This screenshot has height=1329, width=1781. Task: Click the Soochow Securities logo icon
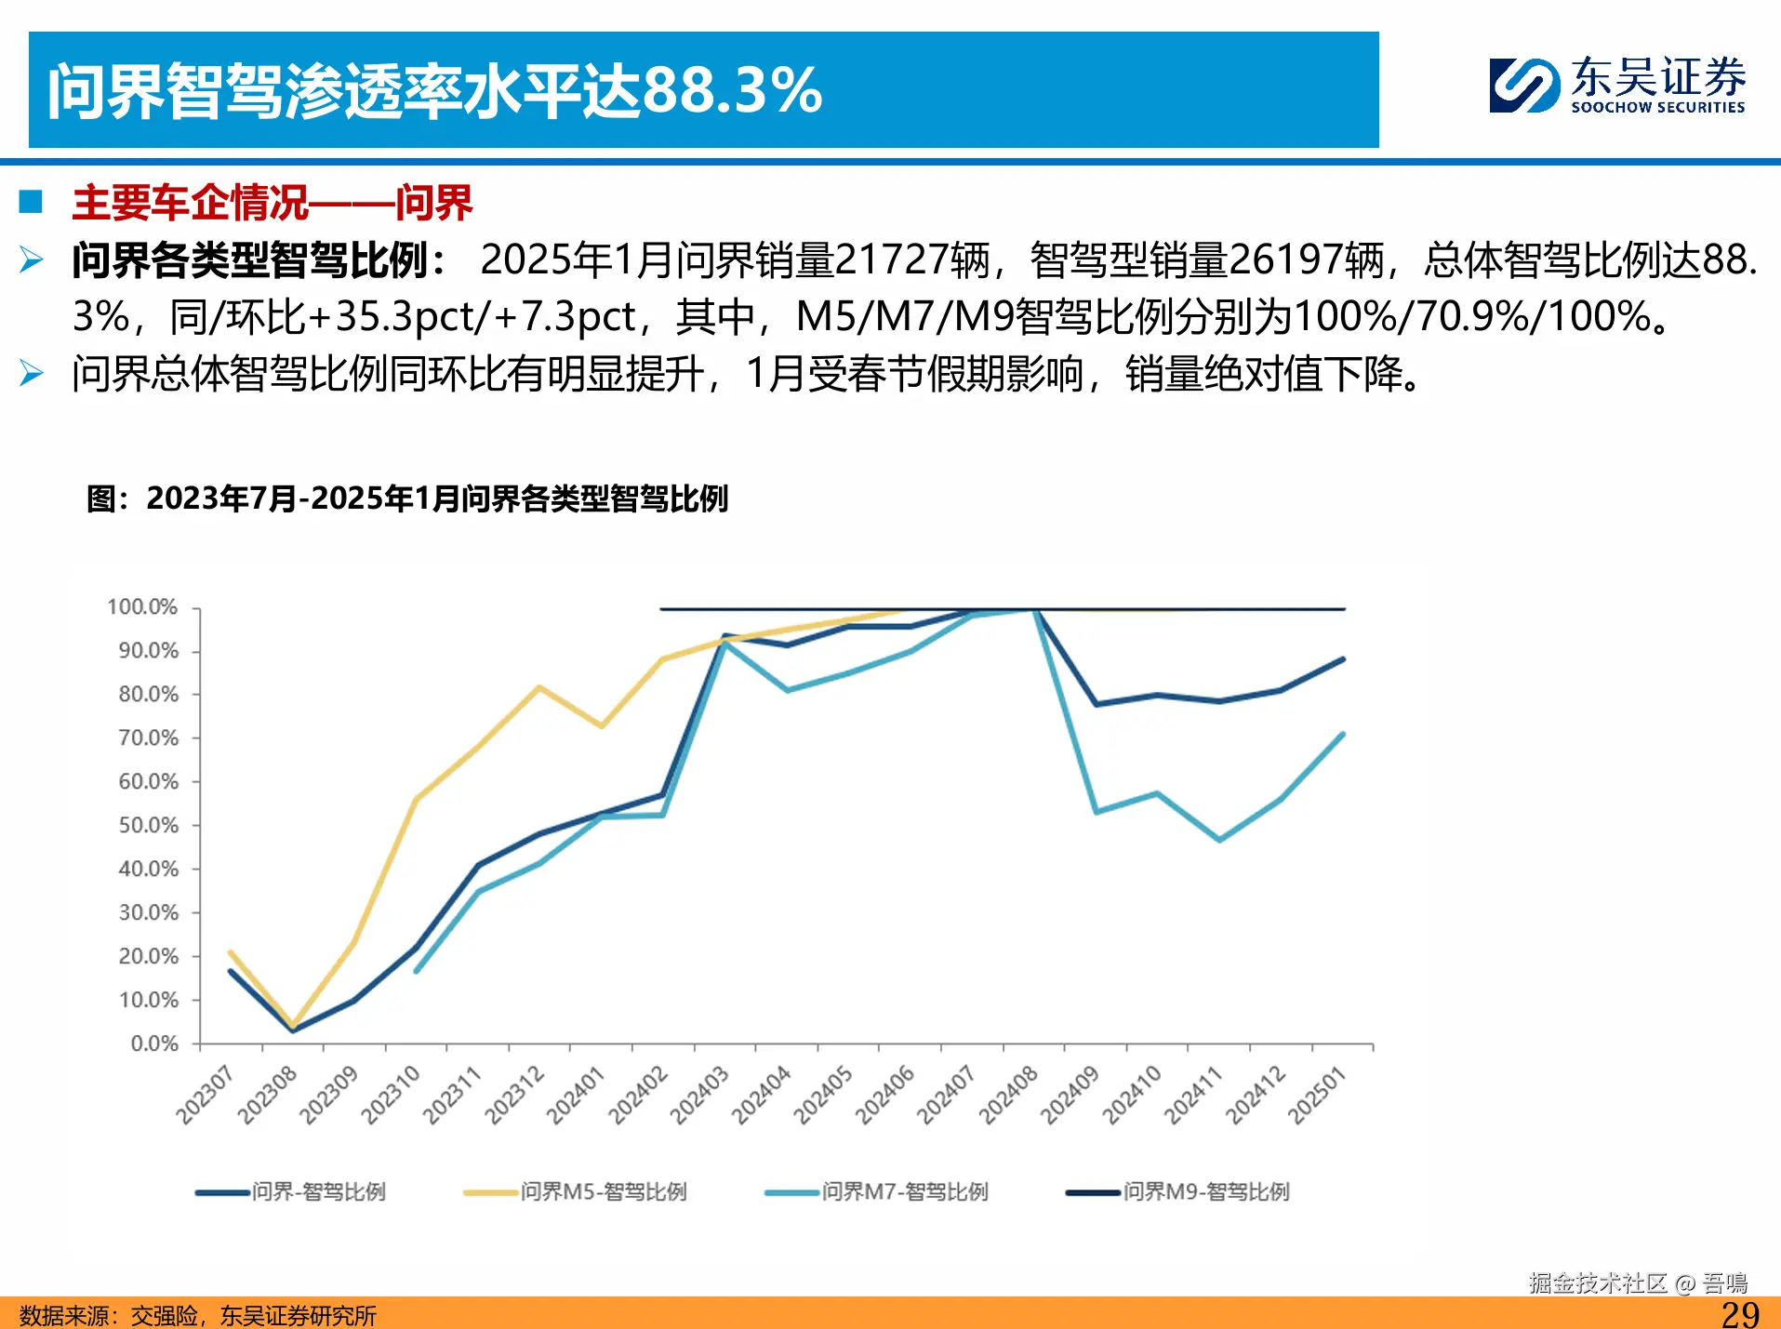(1523, 86)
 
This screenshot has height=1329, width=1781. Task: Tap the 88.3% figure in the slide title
(732, 91)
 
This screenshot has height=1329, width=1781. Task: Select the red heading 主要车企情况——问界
(272, 203)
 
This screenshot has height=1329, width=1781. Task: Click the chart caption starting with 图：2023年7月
(407, 499)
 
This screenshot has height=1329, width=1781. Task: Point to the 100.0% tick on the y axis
(142, 607)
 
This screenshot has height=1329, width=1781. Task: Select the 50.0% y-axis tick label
(148, 826)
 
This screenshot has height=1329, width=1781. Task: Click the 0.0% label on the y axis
(153, 1043)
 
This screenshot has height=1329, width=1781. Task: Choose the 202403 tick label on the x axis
(700, 1095)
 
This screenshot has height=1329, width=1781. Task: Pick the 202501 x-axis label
(1318, 1095)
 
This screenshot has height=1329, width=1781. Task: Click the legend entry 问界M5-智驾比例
(603, 1191)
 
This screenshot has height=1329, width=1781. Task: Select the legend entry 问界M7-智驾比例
(904, 1191)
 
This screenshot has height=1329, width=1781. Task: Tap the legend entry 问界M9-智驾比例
(1205, 1191)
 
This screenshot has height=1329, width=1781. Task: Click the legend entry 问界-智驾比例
(318, 1191)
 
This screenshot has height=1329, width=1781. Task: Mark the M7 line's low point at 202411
(1219, 840)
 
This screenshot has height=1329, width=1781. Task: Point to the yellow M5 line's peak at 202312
(539, 687)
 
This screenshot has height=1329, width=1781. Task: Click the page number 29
(1739, 1314)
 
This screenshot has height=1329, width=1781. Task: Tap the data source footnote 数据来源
(197, 1316)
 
